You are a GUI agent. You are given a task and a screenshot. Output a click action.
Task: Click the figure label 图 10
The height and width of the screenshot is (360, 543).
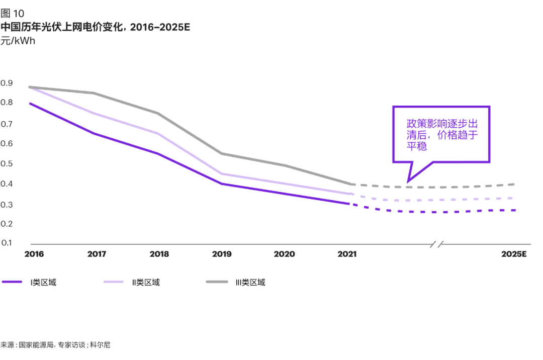tap(12, 14)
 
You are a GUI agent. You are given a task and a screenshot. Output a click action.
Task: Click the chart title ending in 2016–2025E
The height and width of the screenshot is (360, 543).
tap(95, 27)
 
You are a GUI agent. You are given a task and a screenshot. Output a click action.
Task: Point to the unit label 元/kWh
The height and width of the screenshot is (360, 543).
tap(18, 41)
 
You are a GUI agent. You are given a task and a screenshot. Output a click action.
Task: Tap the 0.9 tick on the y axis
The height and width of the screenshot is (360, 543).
tap(7, 83)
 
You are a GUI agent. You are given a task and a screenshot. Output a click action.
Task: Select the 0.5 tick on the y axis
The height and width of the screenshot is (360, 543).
tap(7, 164)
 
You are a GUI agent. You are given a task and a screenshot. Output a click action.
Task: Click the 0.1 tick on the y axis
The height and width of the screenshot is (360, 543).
tap(7, 243)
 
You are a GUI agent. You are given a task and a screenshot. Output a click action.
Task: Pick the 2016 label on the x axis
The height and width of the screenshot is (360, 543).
tap(34, 254)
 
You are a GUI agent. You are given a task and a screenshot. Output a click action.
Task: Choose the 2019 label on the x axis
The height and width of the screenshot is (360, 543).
tap(222, 254)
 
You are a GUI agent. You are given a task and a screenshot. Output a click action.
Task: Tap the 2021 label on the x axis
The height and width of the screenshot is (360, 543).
tap(346, 254)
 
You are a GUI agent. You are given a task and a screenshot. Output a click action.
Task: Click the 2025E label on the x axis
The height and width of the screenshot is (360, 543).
tap(514, 254)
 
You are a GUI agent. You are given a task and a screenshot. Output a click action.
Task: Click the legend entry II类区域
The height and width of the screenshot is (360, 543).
tap(146, 282)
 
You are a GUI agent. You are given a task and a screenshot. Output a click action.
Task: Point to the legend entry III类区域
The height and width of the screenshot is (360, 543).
tap(250, 282)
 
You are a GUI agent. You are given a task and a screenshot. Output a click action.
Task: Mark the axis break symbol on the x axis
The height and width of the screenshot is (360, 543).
tap(436, 244)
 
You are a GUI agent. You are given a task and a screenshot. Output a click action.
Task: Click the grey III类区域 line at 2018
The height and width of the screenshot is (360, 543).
tap(158, 113)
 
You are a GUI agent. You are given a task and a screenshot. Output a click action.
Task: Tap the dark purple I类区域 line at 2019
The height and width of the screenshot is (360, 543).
tap(222, 184)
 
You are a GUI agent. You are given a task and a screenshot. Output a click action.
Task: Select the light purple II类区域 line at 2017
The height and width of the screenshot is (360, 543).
tap(95, 113)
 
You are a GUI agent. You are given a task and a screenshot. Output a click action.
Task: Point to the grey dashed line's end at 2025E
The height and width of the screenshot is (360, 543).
tap(514, 184)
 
